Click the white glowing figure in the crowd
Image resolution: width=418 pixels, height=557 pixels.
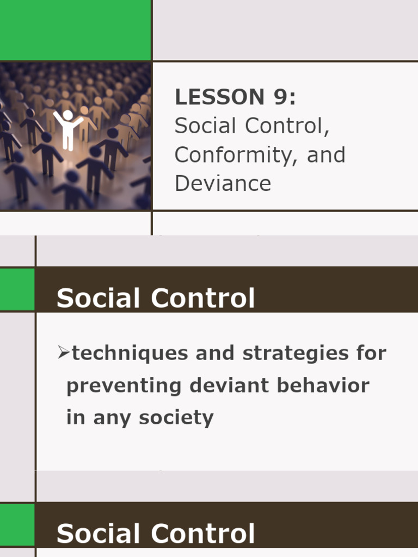67,129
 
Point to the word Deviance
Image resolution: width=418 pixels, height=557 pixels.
223,184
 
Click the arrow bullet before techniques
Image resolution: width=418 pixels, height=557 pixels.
64,353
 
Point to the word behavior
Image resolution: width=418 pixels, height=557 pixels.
323,386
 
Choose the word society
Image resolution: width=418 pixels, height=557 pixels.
176,418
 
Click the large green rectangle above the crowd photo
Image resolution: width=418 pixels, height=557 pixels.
75,30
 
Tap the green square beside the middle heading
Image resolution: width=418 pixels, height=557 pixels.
17,289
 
